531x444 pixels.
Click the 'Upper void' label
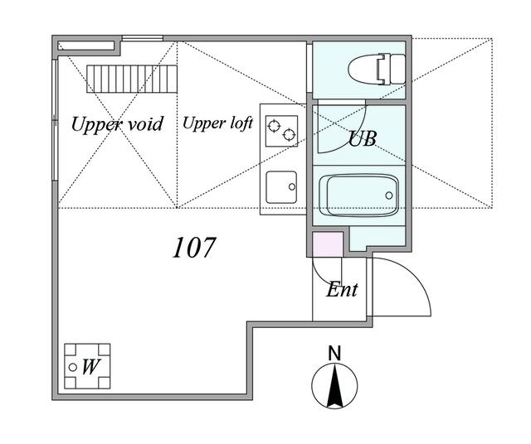[117, 124]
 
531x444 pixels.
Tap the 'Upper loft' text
[217, 123]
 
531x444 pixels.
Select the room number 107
[193, 248]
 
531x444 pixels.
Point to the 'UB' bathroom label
[363, 138]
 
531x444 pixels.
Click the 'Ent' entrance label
[342, 290]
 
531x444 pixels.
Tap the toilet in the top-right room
[377, 69]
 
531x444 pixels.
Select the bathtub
[359, 195]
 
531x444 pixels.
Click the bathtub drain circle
[389, 195]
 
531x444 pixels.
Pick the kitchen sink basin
[281, 187]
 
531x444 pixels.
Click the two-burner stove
[282, 131]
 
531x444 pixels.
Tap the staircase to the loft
[132, 79]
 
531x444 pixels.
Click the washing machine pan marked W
[87, 366]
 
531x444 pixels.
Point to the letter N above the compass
[334, 354]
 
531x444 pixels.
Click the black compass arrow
[334, 385]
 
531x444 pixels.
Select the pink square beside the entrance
[327, 244]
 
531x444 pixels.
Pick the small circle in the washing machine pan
[72, 367]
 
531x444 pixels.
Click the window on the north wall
[142, 38]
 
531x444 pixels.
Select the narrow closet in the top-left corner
[86, 46]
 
